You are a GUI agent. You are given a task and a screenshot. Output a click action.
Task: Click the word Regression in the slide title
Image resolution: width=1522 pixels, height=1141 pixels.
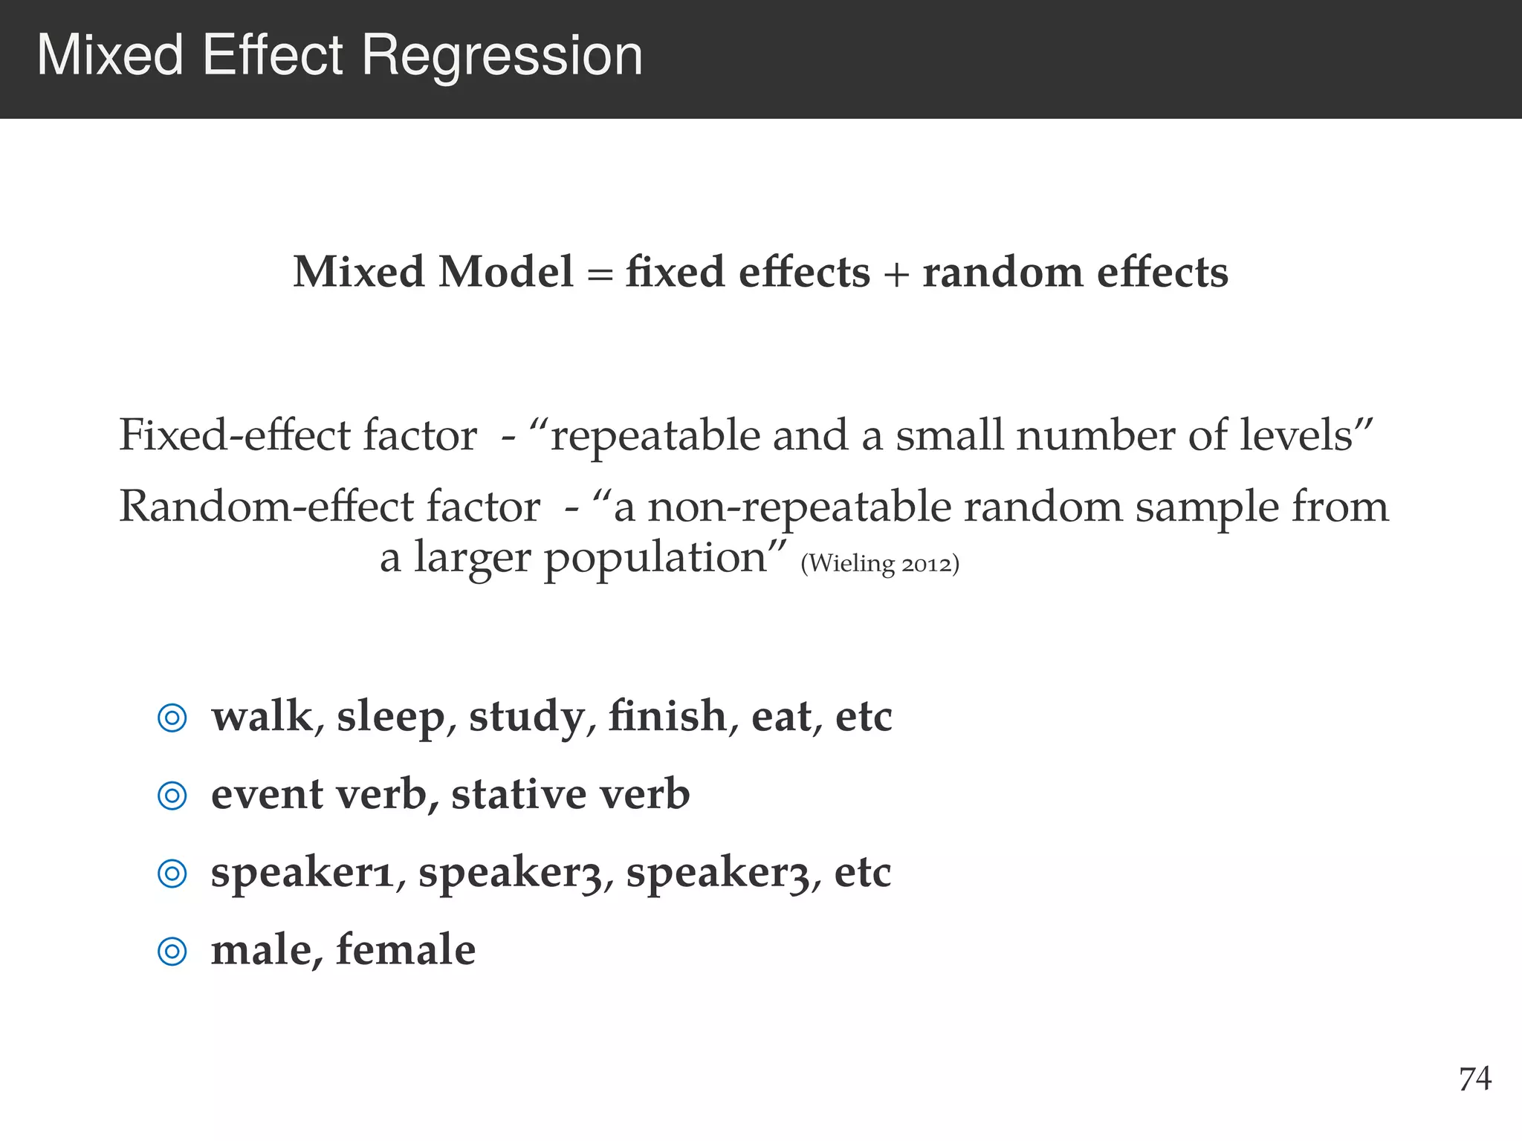pyautogui.click(x=502, y=56)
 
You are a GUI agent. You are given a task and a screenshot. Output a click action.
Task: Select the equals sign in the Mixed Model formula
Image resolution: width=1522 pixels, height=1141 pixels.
pyautogui.click(x=599, y=274)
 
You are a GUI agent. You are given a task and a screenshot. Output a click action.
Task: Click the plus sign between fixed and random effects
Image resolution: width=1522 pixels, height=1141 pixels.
pyautogui.click(x=896, y=274)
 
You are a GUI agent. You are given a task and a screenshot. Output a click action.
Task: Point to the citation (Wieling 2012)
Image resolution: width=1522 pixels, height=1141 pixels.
pyautogui.click(x=880, y=564)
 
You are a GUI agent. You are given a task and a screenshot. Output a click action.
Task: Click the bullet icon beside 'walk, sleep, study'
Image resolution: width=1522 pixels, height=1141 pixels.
pyautogui.click(x=172, y=718)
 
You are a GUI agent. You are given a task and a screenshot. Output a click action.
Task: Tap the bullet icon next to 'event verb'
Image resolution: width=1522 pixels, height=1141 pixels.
pyautogui.click(x=172, y=796)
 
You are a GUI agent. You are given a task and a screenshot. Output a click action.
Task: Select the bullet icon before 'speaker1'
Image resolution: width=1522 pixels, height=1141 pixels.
pyautogui.click(x=172, y=874)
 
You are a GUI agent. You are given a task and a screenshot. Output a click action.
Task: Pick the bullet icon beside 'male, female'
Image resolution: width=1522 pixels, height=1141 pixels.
pyautogui.click(x=172, y=952)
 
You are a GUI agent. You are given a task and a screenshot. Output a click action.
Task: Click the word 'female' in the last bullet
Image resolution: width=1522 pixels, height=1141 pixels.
pyautogui.click(x=406, y=950)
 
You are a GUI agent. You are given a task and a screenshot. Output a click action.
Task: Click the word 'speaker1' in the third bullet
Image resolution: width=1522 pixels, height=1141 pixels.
pyautogui.click(x=302, y=873)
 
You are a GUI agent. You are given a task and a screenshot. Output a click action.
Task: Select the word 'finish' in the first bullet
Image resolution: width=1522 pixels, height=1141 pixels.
pyautogui.click(x=667, y=716)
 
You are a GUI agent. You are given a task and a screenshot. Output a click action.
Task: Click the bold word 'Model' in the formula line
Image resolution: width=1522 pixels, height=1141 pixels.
pyautogui.click(x=505, y=272)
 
